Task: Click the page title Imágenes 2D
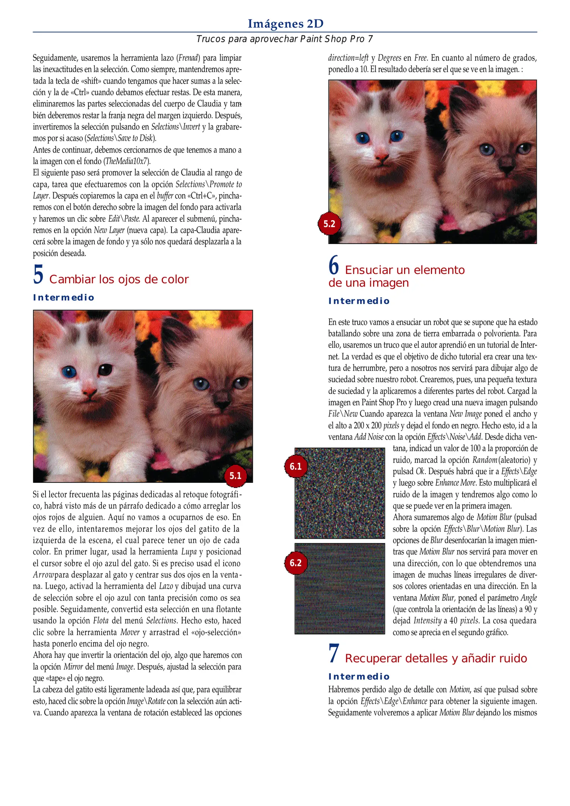285,24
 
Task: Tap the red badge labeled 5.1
236,475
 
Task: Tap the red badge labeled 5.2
329,224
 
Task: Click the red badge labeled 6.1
296,466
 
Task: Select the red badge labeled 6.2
296,563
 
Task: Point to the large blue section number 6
334,265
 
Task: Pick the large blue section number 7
334,654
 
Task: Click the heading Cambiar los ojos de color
119,279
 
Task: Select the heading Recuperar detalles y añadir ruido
436,658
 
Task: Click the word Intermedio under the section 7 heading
359,677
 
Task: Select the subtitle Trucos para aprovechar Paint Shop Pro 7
284,39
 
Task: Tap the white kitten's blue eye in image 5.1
69,372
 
